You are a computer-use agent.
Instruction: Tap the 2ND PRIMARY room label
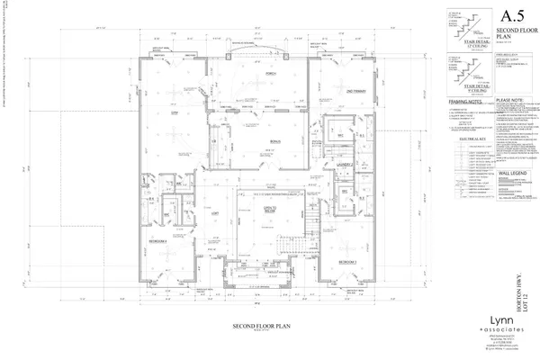[343, 92]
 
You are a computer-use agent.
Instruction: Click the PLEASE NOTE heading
[509, 102]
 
